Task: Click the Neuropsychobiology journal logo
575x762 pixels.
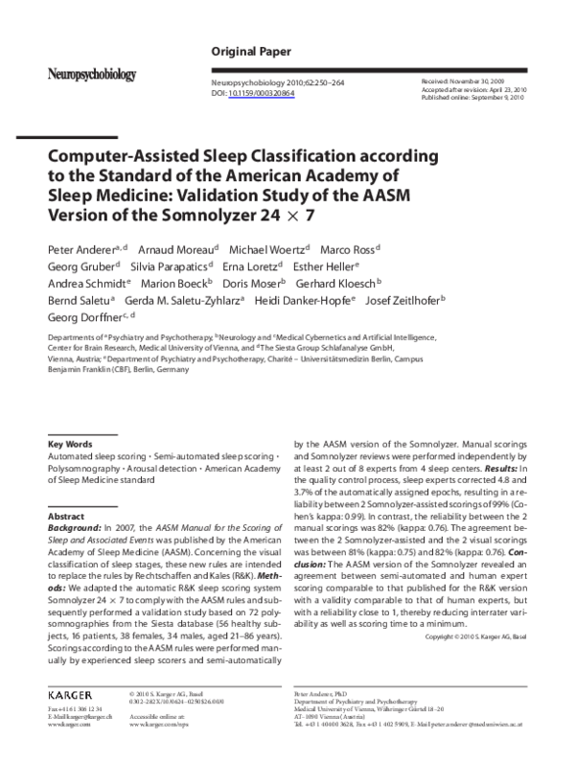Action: pos(93,74)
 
